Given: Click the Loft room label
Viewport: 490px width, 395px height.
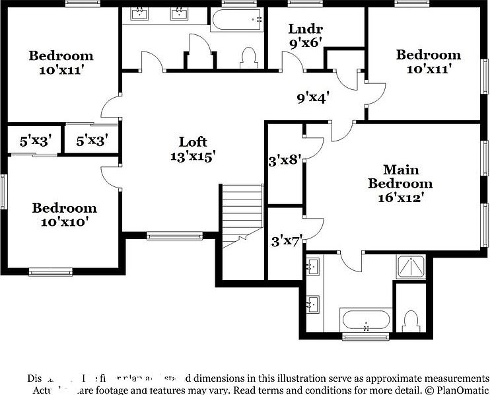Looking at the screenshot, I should (x=193, y=141).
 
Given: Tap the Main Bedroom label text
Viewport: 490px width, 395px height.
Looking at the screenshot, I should (x=400, y=176).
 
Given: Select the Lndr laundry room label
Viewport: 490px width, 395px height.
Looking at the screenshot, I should (x=305, y=28).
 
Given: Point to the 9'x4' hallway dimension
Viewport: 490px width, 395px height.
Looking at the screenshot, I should (x=312, y=98).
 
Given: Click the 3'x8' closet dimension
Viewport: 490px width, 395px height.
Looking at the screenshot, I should (x=285, y=159).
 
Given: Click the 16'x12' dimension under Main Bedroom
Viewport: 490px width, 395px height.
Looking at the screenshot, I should (x=400, y=197).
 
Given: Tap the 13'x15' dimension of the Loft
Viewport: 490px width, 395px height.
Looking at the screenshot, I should (x=193, y=157).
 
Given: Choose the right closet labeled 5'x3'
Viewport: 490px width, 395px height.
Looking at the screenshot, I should (x=92, y=141).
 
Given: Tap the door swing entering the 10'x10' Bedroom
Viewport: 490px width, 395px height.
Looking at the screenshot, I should (x=111, y=176).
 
